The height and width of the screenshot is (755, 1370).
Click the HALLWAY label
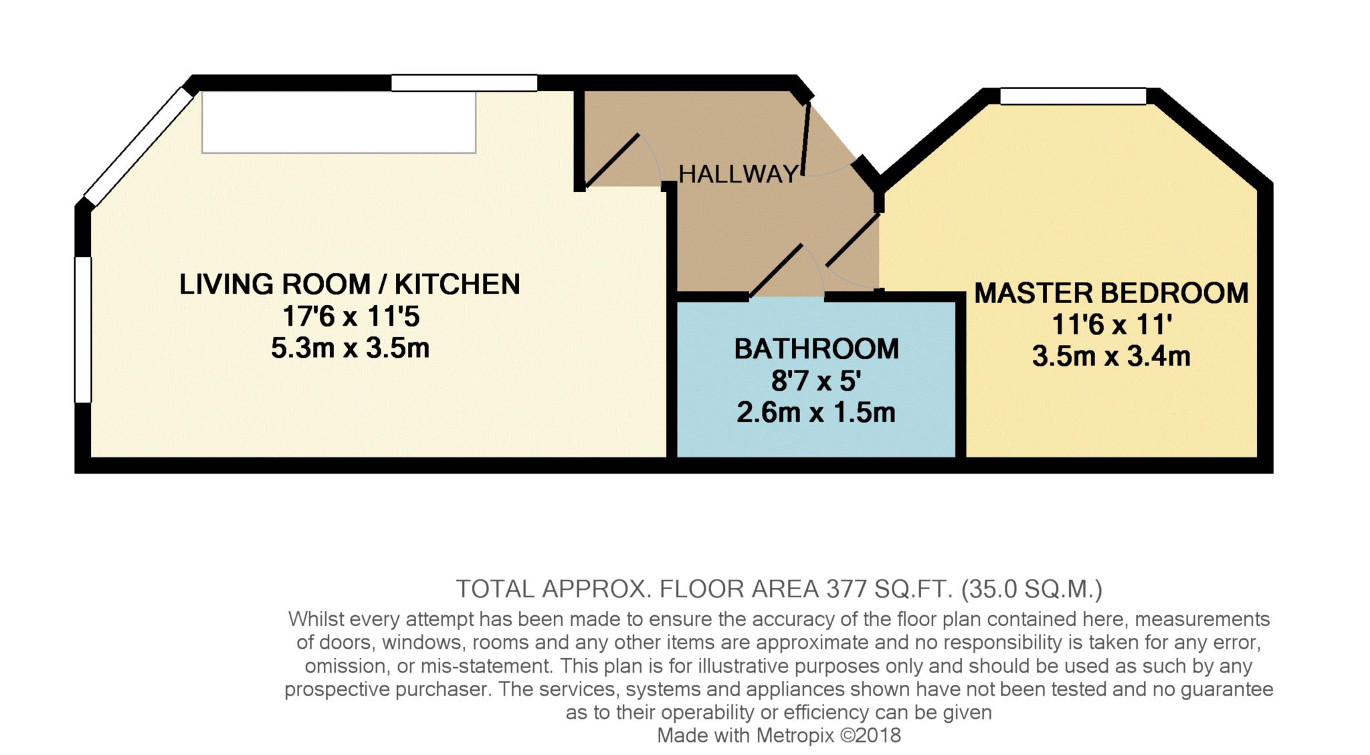[x=739, y=175]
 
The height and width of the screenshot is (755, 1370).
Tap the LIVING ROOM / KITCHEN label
[x=349, y=284]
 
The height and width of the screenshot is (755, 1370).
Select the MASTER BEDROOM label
[x=1111, y=293]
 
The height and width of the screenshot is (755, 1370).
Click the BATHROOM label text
[x=816, y=349]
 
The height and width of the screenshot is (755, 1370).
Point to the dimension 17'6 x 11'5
[x=351, y=316]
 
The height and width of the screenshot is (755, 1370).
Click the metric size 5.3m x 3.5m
[x=350, y=348]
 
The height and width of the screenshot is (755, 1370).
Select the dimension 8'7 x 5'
[x=815, y=381]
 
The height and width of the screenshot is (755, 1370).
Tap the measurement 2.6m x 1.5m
[x=815, y=412]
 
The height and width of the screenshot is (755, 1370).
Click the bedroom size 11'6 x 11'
[x=1111, y=324]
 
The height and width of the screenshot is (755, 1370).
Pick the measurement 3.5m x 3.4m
[x=1111, y=356]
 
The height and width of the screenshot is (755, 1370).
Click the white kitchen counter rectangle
[x=338, y=122]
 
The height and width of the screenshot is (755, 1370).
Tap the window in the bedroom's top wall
[x=1073, y=96]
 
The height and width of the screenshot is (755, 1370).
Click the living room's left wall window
[x=82, y=330]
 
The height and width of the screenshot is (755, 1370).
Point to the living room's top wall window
[x=464, y=83]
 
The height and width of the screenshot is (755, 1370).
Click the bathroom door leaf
[x=776, y=271]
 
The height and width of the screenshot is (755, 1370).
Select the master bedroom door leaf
[x=852, y=241]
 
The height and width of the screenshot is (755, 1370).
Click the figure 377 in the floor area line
[x=848, y=589]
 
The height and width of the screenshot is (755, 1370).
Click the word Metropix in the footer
[x=795, y=736]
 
